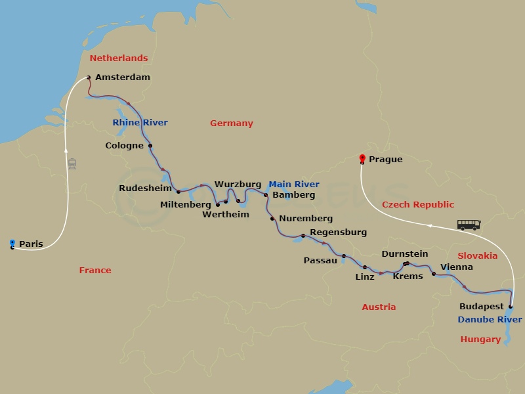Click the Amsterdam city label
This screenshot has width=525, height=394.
[122, 77]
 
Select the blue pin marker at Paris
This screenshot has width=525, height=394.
[12, 244]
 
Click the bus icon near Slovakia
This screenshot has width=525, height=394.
[469, 225]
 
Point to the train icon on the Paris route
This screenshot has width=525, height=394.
[72, 164]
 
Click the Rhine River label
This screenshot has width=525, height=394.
[140, 123]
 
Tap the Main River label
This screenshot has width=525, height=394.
[294, 185]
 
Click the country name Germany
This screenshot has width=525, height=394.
[231, 123]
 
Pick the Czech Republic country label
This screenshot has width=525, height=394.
[418, 205]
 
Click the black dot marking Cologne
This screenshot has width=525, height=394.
[150, 146]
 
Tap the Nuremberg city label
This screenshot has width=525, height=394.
[305, 219]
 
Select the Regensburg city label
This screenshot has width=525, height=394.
[338, 232]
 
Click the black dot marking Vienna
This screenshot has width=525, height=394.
[434, 274]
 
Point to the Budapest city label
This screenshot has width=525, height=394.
[481, 307]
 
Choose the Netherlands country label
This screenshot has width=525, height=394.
[119, 58]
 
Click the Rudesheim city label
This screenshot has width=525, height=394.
[145, 188]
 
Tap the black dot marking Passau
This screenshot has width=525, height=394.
[344, 256]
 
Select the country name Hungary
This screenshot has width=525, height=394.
[480, 339]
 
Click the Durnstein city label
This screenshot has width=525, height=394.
[404, 254]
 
